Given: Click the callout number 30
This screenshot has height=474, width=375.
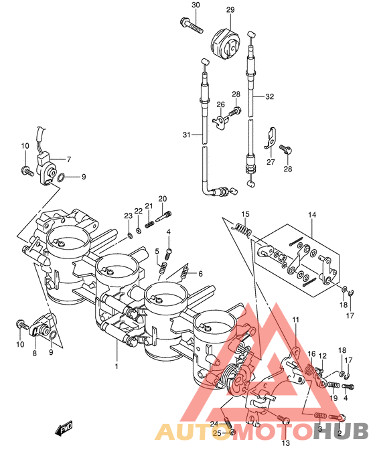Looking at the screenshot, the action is tap(196, 5).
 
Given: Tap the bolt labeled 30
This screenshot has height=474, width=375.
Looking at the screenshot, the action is tap(191, 25).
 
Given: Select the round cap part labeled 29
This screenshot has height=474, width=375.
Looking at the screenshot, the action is tap(225, 44).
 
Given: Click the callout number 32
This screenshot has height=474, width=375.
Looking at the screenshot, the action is tap(269, 96).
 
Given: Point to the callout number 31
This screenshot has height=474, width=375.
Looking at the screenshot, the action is tap(187, 135).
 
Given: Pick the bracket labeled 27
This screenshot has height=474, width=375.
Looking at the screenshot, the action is tap(271, 139).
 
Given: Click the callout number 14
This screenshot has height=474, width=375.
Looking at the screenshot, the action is tap(312, 215).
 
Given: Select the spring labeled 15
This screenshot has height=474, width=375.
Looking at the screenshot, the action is tap(243, 229).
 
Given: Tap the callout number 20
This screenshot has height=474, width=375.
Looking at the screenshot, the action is tap(163, 199).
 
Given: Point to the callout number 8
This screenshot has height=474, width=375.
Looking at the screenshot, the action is tap(34, 353).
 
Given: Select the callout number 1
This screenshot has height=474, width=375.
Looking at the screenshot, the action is tap(117, 366).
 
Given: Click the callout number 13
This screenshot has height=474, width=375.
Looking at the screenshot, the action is tap(285, 443).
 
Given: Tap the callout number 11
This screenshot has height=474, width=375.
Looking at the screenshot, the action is tap(295, 319).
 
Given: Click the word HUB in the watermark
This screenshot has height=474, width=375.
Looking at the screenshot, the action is tap(341, 430).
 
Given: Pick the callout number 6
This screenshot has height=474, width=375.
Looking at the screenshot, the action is tap(200, 274).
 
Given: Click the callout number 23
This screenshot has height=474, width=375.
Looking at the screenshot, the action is tap(128, 216).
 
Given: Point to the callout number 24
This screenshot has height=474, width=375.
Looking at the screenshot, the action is tap(214, 424).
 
